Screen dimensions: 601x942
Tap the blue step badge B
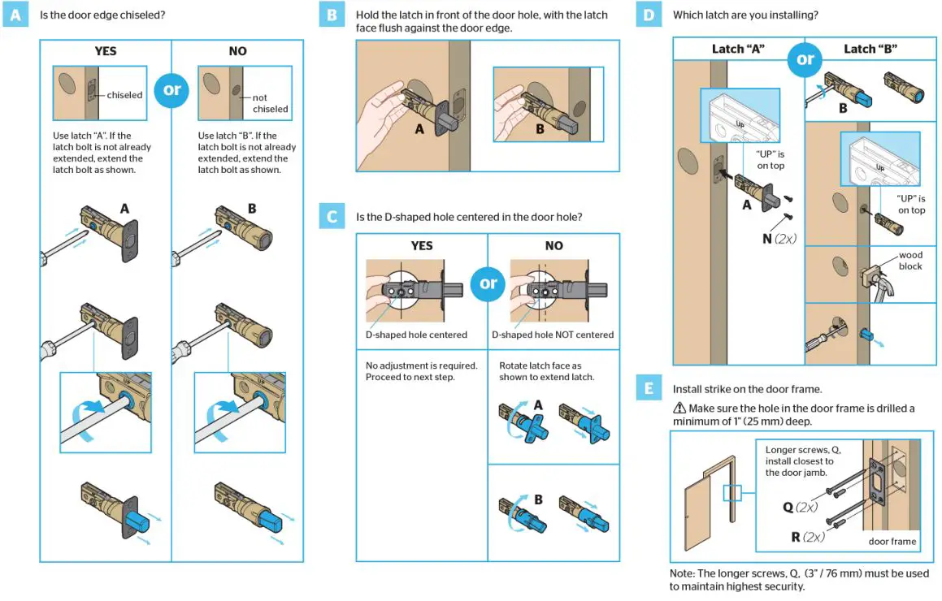click(x=332, y=15)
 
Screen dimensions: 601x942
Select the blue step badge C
click(x=332, y=217)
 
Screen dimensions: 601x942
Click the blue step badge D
click(x=648, y=15)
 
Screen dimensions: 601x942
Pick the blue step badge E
click(x=648, y=389)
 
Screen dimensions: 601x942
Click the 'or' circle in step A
click(x=171, y=89)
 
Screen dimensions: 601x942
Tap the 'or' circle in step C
click(x=488, y=283)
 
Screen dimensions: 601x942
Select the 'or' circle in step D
click(x=805, y=59)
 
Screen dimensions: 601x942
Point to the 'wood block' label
click(x=909, y=261)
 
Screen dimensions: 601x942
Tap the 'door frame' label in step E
click(x=892, y=541)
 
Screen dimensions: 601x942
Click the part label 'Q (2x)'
click(x=800, y=507)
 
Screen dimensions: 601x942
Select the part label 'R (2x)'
click(x=807, y=537)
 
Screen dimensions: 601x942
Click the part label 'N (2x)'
click(x=779, y=239)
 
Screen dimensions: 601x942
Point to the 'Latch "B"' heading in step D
click(x=870, y=49)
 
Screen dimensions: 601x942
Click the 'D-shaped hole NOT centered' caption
click(x=553, y=335)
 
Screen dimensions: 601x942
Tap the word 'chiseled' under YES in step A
click(x=124, y=95)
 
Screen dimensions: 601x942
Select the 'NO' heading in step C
click(x=553, y=245)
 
